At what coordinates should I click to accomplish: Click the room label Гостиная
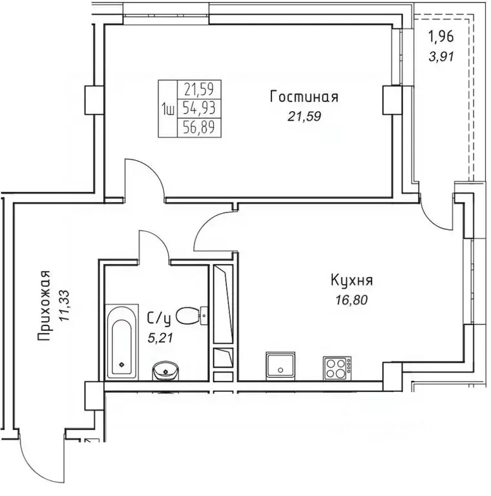(304, 98)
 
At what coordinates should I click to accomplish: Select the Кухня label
(351, 281)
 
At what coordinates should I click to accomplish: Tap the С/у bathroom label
(160, 318)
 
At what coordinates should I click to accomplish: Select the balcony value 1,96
(443, 37)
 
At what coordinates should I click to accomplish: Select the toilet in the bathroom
(191, 316)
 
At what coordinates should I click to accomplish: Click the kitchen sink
(280, 366)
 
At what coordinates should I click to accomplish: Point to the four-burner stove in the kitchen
(337, 367)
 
